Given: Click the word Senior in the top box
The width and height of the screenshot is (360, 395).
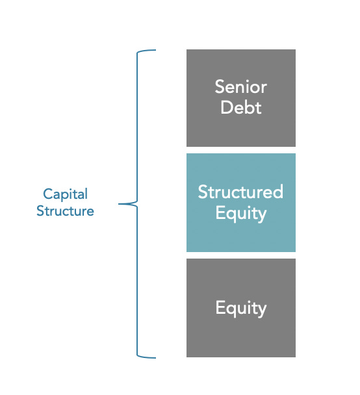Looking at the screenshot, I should [240, 87].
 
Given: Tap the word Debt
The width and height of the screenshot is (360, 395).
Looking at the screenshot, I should [240, 107].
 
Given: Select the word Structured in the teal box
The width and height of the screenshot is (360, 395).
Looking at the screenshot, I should [240, 192].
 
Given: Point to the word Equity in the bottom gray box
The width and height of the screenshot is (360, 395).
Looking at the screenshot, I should [240, 307].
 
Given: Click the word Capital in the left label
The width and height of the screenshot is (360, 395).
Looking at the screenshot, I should [65, 194].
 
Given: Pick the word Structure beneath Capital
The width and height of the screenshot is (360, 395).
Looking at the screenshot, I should [65, 211].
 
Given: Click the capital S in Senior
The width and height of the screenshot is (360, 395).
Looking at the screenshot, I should [220, 87].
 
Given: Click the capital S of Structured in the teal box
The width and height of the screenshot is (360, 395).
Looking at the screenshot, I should [202, 192].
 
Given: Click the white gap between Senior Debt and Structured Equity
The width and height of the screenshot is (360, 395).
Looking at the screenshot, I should [240, 150].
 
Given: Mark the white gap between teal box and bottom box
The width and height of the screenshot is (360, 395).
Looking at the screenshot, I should [240, 255].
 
